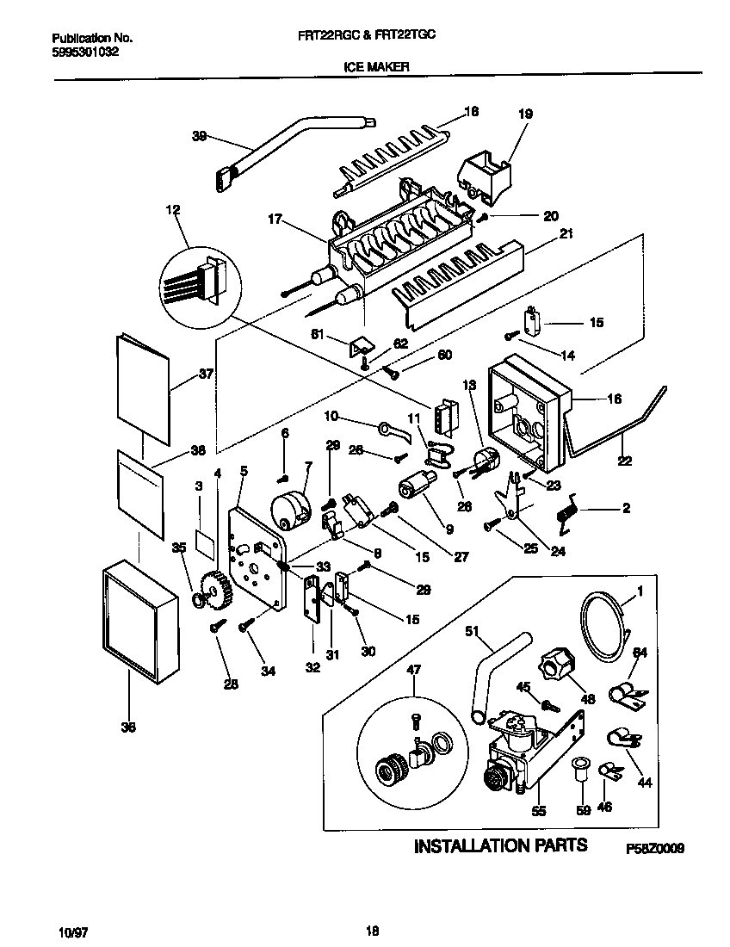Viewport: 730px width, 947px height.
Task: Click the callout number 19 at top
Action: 525,114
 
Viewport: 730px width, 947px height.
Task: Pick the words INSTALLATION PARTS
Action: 501,845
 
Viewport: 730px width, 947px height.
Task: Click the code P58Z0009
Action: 655,848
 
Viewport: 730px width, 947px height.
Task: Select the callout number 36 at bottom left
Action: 128,726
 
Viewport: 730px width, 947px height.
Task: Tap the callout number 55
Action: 540,811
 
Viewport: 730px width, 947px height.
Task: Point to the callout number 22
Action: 625,461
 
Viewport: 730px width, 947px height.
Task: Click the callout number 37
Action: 205,374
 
